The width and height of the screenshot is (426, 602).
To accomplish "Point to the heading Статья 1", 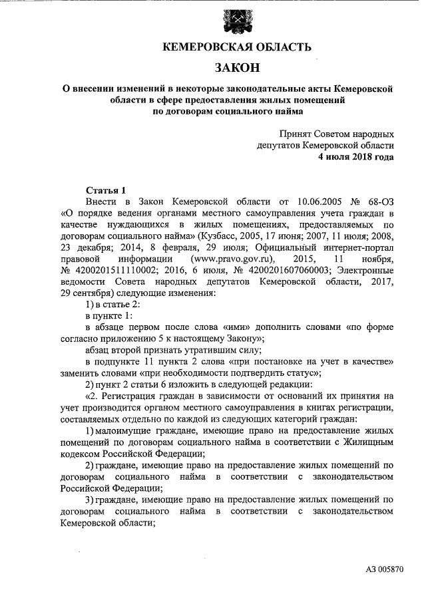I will [x=105, y=190].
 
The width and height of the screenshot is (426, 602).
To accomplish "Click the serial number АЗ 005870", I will [x=384, y=569].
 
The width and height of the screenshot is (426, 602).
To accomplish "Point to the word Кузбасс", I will [x=226, y=235].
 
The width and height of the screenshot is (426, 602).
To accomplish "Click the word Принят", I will [x=298, y=133].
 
